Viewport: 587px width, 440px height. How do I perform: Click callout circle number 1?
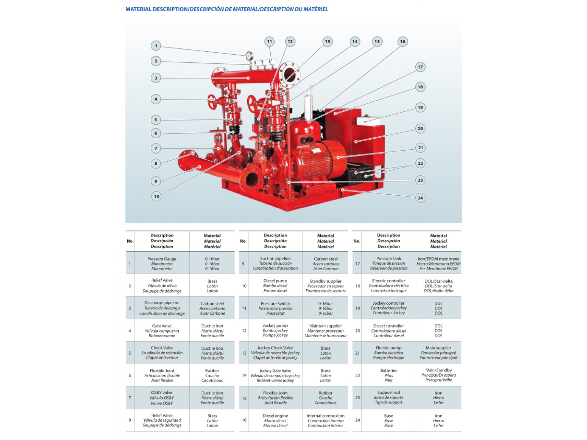pyautogui.click(x=156, y=46)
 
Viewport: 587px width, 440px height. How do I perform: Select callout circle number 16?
pyautogui.click(x=402, y=42)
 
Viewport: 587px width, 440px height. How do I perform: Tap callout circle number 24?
pyautogui.click(x=420, y=198)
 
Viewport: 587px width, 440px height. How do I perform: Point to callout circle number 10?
pyautogui.click(x=157, y=196)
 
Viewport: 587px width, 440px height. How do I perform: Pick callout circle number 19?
pyautogui.click(x=420, y=107)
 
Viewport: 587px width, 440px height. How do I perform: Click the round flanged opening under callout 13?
pyautogui.click(x=289, y=73)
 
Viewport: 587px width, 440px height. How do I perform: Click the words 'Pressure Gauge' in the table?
pyautogui.click(x=162, y=259)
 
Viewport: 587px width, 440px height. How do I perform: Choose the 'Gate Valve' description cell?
pyautogui.click(x=162, y=331)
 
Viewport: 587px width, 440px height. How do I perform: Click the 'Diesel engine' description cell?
pyautogui.click(x=275, y=421)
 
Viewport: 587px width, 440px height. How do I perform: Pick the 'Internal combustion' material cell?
pyautogui.click(x=325, y=421)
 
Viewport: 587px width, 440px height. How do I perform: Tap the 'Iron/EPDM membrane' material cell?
pyautogui.click(x=438, y=264)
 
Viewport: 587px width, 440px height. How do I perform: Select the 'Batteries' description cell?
pyautogui.click(x=389, y=375)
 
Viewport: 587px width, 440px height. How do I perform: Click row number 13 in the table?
pyautogui.click(x=244, y=353)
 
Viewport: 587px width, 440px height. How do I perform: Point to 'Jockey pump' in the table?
pyautogui.click(x=275, y=326)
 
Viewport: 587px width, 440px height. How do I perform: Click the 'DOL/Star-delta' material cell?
pyautogui.click(x=438, y=286)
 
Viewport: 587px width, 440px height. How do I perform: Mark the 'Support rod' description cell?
pyautogui.click(x=389, y=397)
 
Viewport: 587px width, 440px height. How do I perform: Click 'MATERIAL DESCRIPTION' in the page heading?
pyautogui.click(x=157, y=9)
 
